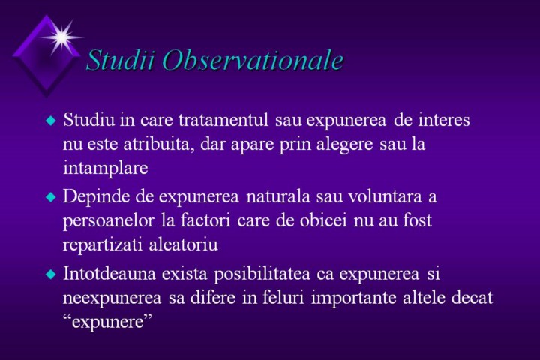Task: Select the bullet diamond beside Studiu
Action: coord(51,121)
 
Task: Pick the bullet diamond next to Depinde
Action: coord(51,197)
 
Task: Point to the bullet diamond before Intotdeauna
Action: coord(51,274)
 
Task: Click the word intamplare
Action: coord(106,169)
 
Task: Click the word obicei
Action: coord(323,220)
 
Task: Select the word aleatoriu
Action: coord(184,245)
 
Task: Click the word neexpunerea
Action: coord(112,298)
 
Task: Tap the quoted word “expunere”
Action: coord(108,322)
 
